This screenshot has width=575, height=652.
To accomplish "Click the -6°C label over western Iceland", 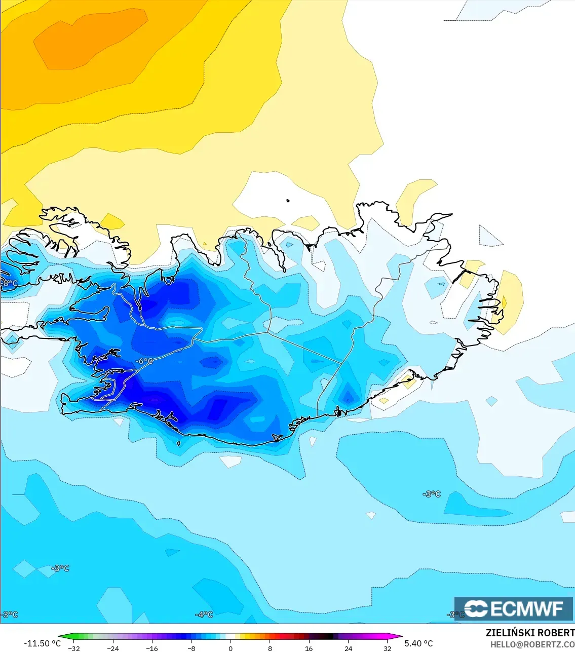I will tap(144, 361).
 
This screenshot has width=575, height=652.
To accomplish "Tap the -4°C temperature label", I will tap(204, 615).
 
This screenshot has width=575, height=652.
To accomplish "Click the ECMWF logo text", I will tap(514, 608).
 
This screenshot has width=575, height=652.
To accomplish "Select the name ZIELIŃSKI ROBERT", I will tap(530, 633).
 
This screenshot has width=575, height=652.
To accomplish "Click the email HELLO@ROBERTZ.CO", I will tap(532, 644).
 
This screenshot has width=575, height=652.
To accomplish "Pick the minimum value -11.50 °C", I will tap(42, 643).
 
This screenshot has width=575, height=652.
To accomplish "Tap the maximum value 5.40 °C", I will tap(418, 643).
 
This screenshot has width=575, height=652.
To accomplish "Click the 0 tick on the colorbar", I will tap(231, 648).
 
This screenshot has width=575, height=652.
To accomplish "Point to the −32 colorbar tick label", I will tap(74, 648).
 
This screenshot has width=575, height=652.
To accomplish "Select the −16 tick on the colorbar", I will tap(152, 648).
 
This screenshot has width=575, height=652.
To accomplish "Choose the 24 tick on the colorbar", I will tap(349, 648).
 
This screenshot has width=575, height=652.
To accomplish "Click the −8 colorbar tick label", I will tap(191, 648).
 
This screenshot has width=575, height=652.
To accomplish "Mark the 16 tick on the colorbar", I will tap(309, 648).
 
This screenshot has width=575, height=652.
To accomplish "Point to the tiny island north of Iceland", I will tap(288, 201).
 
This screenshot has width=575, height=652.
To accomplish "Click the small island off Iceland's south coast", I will tap(179, 444).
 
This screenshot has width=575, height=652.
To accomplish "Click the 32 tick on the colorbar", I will tap(388, 648).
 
